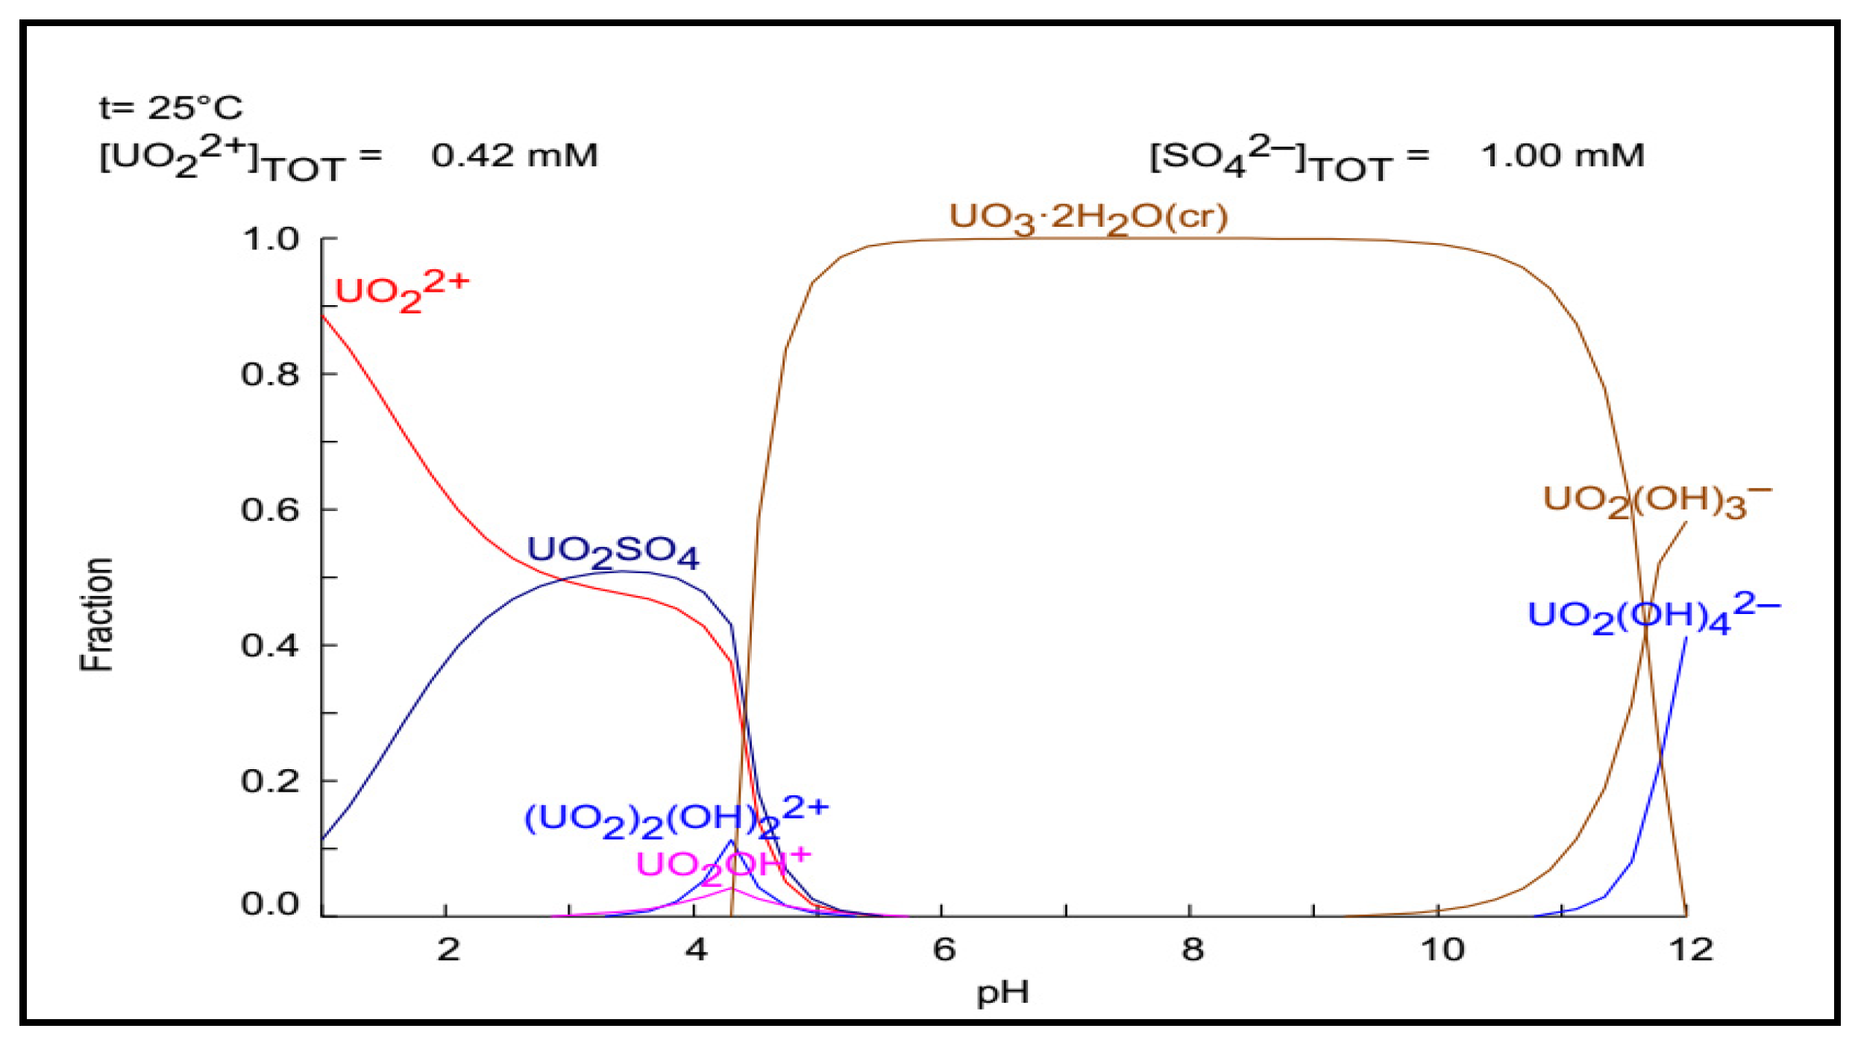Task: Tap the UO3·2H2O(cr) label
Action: pyautogui.click(x=1087, y=218)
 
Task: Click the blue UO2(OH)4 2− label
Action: pyautogui.click(x=1653, y=616)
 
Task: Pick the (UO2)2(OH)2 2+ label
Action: pyautogui.click(x=676, y=818)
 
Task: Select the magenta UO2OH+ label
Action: pyautogui.click(x=722, y=865)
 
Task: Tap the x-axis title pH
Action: pyautogui.click(x=1002, y=993)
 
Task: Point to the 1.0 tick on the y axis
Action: pyautogui.click(x=270, y=239)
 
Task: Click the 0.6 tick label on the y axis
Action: pyautogui.click(x=270, y=510)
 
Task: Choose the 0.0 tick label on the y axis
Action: pyautogui.click(x=270, y=904)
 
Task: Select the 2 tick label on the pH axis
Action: pyautogui.click(x=448, y=950)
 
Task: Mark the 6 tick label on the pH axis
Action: pyautogui.click(x=944, y=950)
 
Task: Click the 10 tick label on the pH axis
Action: pyautogui.click(x=1442, y=950)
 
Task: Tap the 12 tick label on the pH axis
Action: pyautogui.click(x=1690, y=950)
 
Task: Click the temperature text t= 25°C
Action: pyautogui.click(x=171, y=108)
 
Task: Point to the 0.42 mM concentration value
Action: pyautogui.click(x=514, y=156)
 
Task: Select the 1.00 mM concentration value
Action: pyautogui.click(x=1562, y=156)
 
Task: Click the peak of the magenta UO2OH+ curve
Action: pyautogui.click(x=732, y=889)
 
